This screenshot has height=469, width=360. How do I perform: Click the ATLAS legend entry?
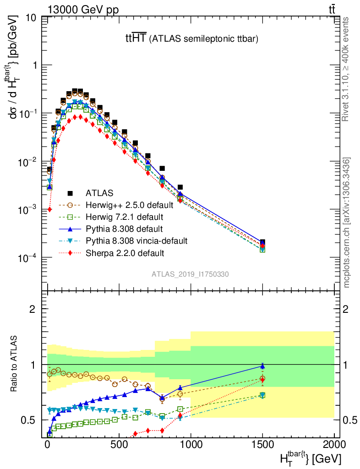(100, 193)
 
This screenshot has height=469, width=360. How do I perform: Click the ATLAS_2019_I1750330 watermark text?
(191, 274)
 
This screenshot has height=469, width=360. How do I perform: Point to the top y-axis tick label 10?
(31, 18)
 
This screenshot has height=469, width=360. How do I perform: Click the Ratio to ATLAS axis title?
(16, 364)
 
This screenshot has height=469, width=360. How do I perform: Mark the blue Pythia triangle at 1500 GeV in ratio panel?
(262, 365)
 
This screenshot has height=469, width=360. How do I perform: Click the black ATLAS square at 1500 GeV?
(262, 242)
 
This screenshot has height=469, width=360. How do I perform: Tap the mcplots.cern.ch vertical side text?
(347, 223)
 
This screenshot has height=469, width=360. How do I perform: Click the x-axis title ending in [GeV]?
(311, 458)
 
